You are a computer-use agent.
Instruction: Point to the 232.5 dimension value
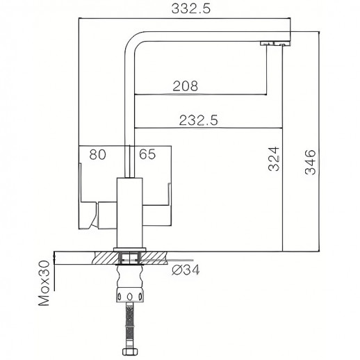199,120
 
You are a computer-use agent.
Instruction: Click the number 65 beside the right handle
147,155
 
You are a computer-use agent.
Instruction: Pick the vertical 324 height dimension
275,160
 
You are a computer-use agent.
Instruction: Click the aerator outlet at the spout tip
275,44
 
